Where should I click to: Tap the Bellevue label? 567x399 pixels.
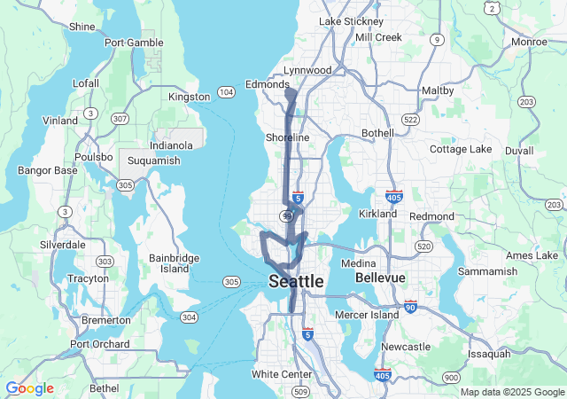click(380, 278)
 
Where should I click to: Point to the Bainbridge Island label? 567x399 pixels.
click(175, 262)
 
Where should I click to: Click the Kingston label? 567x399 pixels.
click(189, 97)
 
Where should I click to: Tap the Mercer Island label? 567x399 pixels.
click(368, 315)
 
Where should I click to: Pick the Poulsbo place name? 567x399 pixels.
click(94, 156)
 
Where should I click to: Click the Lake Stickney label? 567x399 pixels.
click(351, 21)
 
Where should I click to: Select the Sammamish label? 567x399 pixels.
click(488, 270)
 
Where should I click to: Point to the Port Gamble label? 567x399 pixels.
click(133, 42)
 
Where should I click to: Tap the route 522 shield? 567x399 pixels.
click(409, 119)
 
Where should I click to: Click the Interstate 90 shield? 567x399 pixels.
click(410, 306)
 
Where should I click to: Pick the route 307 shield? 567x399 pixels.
click(120, 119)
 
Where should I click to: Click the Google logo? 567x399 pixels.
click(29, 388)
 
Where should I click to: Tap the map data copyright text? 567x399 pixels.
click(512, 392)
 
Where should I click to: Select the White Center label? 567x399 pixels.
click(282, 374)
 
